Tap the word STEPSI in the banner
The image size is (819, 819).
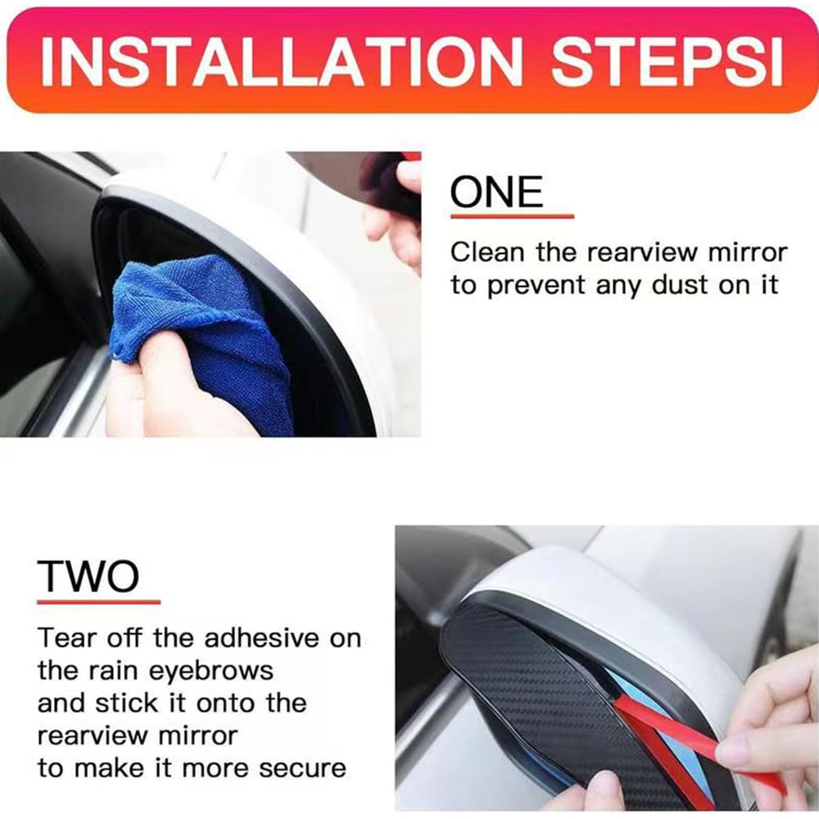coord(667,61)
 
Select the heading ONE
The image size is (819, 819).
coord(497,192)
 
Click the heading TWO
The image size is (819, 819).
coord(88,576)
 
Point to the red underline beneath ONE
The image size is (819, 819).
coord(513,216)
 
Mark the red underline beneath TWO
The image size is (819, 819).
coord(99,602)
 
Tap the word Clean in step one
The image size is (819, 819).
coord(487,252)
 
